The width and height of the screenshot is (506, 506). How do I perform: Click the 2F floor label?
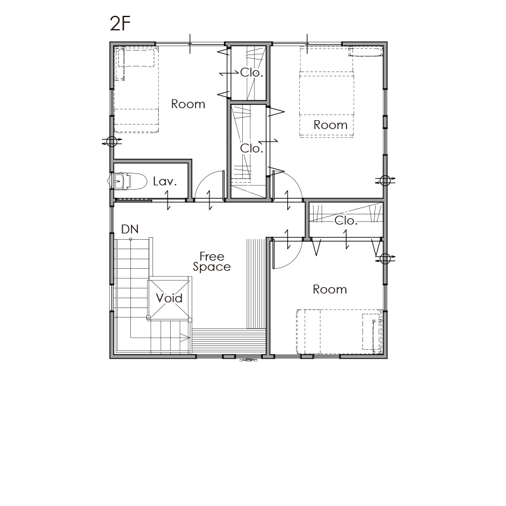[120, 23]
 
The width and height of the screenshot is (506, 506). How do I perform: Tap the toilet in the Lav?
[128, 181]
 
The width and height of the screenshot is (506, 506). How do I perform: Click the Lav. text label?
[165, 182]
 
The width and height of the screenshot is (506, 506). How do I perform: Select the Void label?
[169, 298]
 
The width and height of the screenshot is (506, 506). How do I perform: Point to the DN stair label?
[130, 229]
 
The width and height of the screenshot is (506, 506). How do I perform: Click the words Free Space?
[212, 262]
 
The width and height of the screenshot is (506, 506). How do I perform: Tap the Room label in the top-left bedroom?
[188, 104]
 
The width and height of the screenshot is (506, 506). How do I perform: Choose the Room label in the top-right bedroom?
[330, 125]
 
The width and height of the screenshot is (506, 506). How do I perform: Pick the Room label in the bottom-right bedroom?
[330, 290]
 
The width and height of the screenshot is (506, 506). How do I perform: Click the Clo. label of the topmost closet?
[252, 73]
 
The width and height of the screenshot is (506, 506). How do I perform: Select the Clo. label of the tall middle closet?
[252, 149]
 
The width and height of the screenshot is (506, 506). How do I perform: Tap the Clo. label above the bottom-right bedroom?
[346, 221]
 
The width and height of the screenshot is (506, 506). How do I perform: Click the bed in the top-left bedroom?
[137, 90]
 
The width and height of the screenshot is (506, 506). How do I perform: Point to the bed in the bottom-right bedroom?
[340, 331]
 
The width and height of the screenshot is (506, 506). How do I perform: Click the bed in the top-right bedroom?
[326, 93]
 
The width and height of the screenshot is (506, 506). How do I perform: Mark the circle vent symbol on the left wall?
[111, 141]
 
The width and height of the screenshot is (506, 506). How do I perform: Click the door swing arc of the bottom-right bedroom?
[295, 260]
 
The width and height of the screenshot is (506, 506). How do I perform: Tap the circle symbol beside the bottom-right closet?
[385, 258]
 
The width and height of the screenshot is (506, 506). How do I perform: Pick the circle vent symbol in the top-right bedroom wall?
[385, 180]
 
